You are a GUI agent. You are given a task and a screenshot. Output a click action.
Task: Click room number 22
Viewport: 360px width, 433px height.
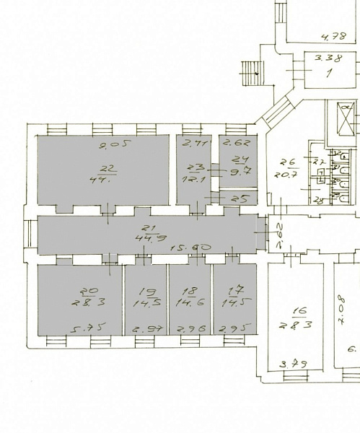(x=107, y=169)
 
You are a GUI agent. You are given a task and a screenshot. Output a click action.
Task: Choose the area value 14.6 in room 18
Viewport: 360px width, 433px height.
(x=190, y=304)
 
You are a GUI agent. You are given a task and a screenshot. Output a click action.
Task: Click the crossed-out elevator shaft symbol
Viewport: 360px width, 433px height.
(x=346, y=118)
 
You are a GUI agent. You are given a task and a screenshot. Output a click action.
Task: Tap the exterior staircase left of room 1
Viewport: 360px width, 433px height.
(x=250, y=71)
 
